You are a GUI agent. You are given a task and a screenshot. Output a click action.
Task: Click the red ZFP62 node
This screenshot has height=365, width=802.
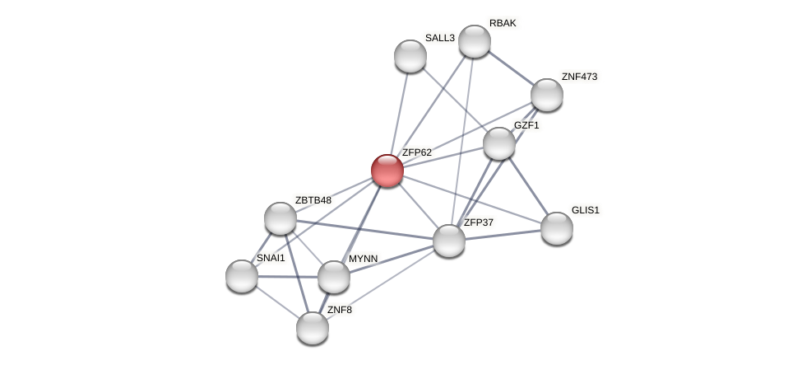(387, 171)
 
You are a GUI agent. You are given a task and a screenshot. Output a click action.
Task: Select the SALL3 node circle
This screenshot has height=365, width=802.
(410, 56)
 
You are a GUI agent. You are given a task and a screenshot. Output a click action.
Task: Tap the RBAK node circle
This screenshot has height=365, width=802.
(474, 41)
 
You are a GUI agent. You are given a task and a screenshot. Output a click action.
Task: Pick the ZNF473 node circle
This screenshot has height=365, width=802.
(546, 95)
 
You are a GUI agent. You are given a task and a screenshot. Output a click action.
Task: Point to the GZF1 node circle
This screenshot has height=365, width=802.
(498, 143)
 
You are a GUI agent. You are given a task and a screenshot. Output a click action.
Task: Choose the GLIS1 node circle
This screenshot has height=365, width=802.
(556, 228)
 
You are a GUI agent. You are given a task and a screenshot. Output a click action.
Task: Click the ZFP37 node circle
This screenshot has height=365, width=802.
(448, 241)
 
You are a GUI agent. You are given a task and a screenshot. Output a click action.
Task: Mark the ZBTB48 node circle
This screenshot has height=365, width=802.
(280, 218)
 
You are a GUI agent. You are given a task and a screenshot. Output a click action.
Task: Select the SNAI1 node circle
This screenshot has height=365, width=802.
(241, 276)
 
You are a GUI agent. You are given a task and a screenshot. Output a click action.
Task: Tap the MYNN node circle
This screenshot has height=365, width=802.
(333, 277)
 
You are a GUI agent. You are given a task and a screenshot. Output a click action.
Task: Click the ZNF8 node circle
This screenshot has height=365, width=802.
(312, 328)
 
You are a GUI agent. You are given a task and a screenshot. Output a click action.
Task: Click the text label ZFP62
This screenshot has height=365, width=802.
(416, 152)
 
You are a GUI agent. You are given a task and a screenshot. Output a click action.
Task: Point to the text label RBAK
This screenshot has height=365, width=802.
(503, 23)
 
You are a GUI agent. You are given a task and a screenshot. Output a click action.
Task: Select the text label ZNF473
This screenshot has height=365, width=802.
(579, 77)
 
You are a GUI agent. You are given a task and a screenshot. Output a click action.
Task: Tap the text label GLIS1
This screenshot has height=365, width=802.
(586, 210)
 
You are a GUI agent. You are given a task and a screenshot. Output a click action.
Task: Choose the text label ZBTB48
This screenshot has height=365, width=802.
(313, 200)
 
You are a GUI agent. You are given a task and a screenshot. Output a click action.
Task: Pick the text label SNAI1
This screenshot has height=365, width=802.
(271, 258)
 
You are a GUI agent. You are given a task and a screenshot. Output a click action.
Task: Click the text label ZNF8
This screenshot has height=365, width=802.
(339, 310)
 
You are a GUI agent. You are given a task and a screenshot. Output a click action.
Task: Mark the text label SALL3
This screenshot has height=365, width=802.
(439, 38)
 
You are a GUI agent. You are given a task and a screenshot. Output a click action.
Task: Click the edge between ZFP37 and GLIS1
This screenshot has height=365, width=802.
(502, 235)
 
